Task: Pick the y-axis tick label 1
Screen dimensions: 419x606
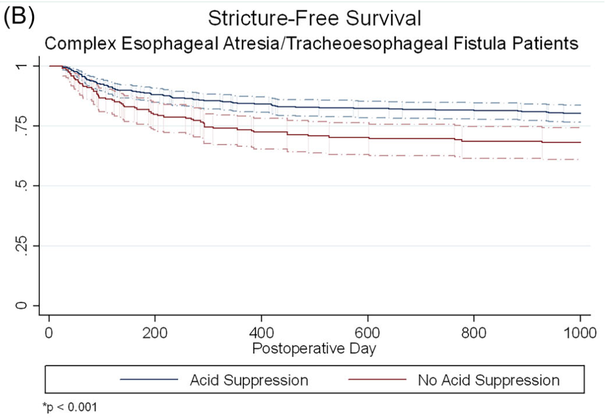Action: [x=22, y=66]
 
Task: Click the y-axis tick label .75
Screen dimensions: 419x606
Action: [x=22, y=126]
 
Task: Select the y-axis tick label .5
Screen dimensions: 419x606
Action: [x=22, y=186]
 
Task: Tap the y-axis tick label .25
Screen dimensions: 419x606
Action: [x=22, y=246]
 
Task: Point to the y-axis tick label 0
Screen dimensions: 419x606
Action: [x=22, y=305]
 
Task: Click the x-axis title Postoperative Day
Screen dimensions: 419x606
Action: [x=314, y=349]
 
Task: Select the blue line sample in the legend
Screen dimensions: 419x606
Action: [x=149, y=380]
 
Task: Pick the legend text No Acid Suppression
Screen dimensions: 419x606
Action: [x=488, y=380]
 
